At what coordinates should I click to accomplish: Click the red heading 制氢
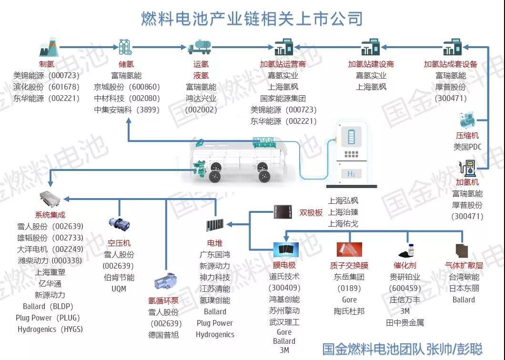tap(47, 64)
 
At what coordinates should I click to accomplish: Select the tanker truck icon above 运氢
tap(201, 48)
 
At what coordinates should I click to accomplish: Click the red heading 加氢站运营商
tap(283, 64)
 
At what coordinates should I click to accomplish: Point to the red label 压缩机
tap(467, 136)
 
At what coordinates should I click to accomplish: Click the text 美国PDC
tap(467, 147)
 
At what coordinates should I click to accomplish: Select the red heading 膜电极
tap(284, 265)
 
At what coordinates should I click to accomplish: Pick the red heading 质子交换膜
tap(349, 265)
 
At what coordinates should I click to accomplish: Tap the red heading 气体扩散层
tap(464, 265)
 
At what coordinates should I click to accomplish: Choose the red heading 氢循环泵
tap(163, 300)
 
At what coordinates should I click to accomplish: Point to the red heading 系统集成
tap(50, 215)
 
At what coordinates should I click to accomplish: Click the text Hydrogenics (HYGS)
tap(50, 329)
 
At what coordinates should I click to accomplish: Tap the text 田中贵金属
tap(405, 322)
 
